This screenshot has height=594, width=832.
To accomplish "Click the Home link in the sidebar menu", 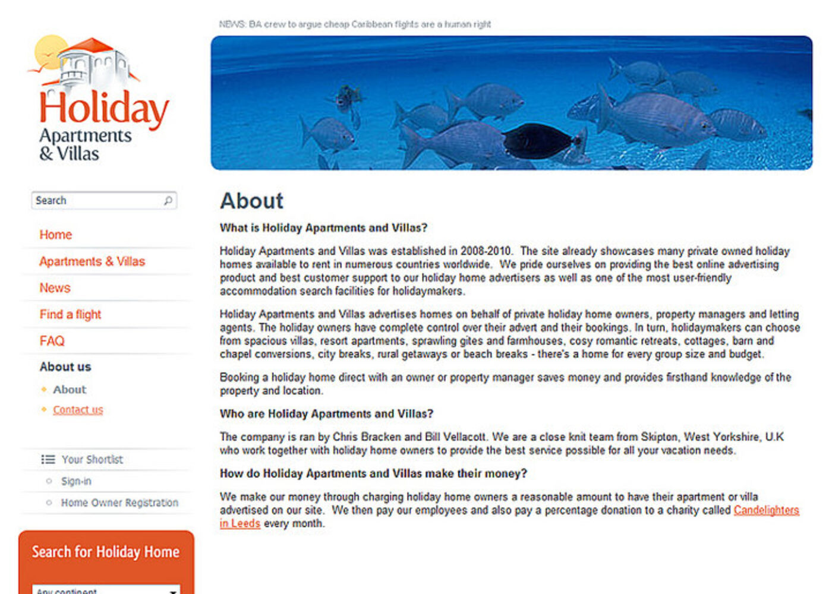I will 55,235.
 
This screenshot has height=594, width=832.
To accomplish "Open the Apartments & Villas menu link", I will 92,261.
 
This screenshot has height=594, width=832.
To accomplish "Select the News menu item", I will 55,288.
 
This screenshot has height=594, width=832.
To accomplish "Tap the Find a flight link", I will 70,314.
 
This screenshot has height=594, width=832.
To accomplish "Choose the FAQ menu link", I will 52,341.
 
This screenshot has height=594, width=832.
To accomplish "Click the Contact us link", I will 78,410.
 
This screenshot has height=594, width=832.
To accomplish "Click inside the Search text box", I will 95,201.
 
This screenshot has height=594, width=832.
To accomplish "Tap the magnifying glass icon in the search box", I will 168,201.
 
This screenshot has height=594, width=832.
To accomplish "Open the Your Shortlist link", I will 92,460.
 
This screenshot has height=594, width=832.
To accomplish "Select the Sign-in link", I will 76,481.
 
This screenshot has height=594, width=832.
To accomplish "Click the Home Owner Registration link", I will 119,503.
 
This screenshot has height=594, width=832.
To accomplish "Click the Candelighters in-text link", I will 766,510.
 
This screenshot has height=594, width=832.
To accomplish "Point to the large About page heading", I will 252,201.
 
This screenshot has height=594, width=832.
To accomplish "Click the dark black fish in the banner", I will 538,141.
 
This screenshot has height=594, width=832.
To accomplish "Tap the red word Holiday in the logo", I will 104,109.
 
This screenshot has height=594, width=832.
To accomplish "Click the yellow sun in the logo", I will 50,51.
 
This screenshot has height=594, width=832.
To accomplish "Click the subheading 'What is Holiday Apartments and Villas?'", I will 323,228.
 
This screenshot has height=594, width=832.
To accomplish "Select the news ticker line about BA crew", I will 355,24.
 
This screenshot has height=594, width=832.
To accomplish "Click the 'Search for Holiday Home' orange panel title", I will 106,552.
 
